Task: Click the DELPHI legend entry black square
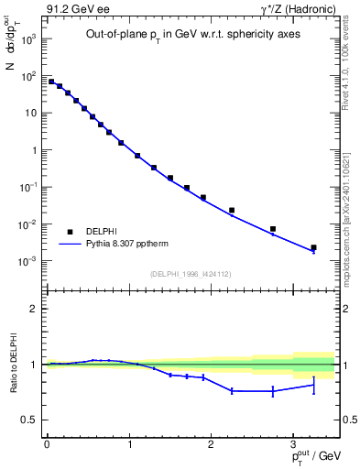click(x=70, y=232)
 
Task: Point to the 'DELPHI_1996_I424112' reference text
click(x=191, y=274)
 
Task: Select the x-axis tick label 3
click(x=293, y=443)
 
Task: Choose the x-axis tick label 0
click(x=47, y=443)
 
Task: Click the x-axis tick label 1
click(x=129, y=443)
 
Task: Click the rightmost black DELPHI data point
click(x=313, y=247)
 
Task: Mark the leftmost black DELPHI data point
click(x=51, y=82)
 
